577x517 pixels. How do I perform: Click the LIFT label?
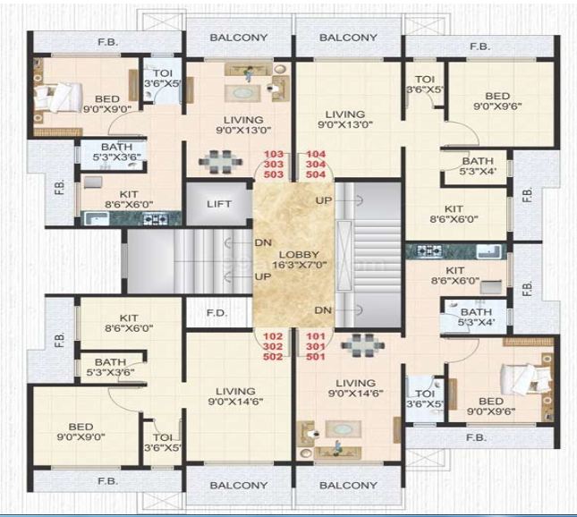click(x=218, y=204)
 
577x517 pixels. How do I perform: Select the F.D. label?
click(x=217, y=314)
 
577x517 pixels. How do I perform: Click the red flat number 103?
click(x=274, y=155)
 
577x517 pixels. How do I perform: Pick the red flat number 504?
click(x=317, y=174)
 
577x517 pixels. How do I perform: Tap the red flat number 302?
click(x=274, y=346)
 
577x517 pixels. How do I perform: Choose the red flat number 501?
click(x=317, y=356)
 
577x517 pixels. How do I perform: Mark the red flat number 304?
click(x=317, y=165)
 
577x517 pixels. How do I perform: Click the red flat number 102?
click(x=274, y=336)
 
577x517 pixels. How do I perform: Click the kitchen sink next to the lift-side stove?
click(x=95, y=217)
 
